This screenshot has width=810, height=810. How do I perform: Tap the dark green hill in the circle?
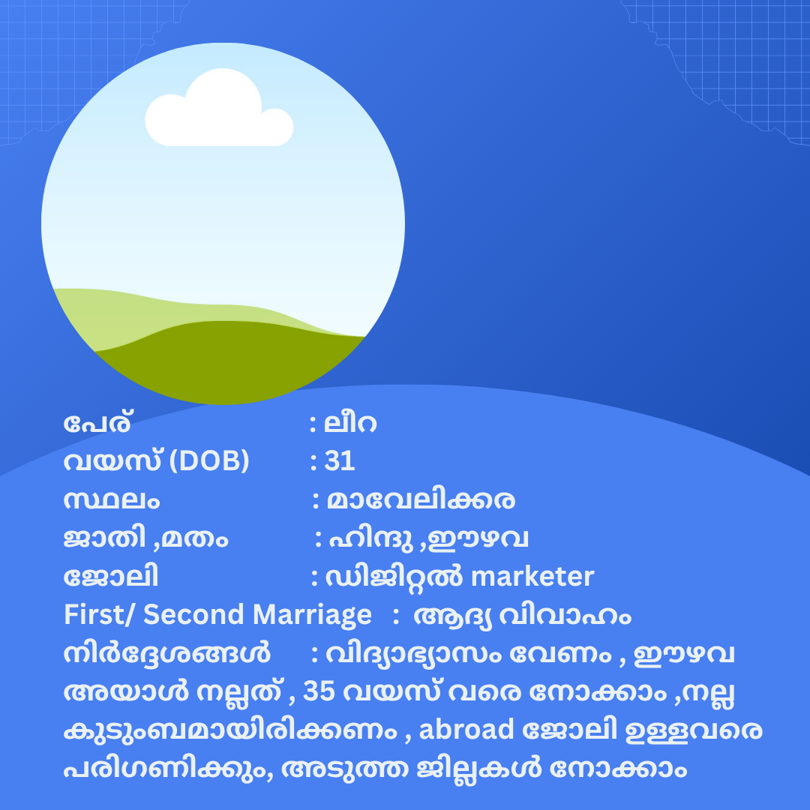(x=227, y=361)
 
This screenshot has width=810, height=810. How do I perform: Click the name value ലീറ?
(x=350, y=424)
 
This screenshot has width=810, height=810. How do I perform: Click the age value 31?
(x=340, y=460)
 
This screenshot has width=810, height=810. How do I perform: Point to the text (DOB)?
(x=209, y=460)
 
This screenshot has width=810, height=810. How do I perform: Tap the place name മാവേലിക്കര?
(x=421, y=499)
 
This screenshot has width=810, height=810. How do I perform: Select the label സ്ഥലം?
(x=112, y=500)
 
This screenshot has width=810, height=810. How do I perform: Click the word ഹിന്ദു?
(x=371, y=538)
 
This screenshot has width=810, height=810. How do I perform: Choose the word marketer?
(x=532, y=577)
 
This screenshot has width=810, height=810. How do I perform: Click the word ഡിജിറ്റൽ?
(x=394, y=577)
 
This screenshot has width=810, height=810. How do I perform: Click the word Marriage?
(x=312, y=616)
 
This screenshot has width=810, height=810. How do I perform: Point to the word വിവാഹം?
(x=565, y=616)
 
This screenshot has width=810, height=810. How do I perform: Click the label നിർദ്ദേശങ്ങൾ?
(x=166, y=653)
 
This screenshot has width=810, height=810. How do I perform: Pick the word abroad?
(x=466, y=730)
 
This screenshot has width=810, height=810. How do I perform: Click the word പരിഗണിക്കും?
(x=168, y=769)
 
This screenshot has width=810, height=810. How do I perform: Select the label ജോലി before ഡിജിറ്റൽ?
(x=110, y=577)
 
